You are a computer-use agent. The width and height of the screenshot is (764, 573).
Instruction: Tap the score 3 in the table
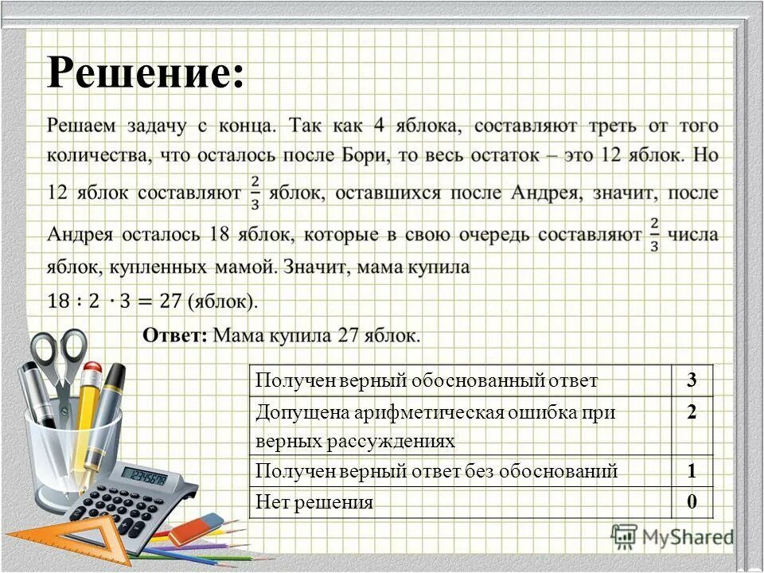pos(692,380)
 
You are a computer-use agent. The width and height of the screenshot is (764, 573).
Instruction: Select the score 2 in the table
pos(692,412)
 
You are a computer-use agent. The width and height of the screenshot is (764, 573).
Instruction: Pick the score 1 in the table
pos(692,470)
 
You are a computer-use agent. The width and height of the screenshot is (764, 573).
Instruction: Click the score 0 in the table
pos(692,502)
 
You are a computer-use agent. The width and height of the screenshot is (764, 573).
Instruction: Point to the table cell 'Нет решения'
pos(314,502)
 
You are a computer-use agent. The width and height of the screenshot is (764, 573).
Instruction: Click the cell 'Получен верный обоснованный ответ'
pos(426,380)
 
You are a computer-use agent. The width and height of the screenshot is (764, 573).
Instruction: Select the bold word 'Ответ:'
pos(174,335)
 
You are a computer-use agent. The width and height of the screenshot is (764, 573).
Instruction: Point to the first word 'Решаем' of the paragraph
pos(83,125)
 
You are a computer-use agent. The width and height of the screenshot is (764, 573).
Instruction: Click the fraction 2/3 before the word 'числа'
pos(653,236)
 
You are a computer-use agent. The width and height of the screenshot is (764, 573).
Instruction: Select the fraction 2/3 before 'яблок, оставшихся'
pos(255,192)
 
